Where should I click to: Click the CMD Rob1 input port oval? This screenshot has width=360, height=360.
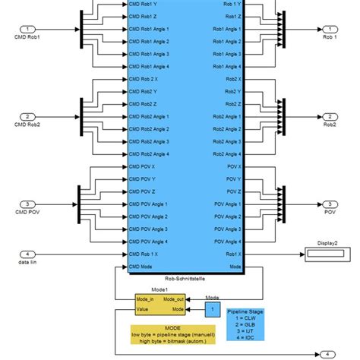pyautogui.click(x=28, y=28)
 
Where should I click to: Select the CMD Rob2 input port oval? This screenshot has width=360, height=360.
pyautogui.click(x=28, y=116)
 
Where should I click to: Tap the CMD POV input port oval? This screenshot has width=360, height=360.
pyautogui.click(x=28, y=204)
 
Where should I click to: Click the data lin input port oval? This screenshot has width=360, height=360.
pyautogui.click(x=28, y=253)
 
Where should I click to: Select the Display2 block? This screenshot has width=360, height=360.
pyautogui.click(x=327, y=254)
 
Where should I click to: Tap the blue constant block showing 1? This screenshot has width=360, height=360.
pyautogui.click(x=212, y=309)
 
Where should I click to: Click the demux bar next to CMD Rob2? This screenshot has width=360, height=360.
pyautogui.click(x=80, y=116)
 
